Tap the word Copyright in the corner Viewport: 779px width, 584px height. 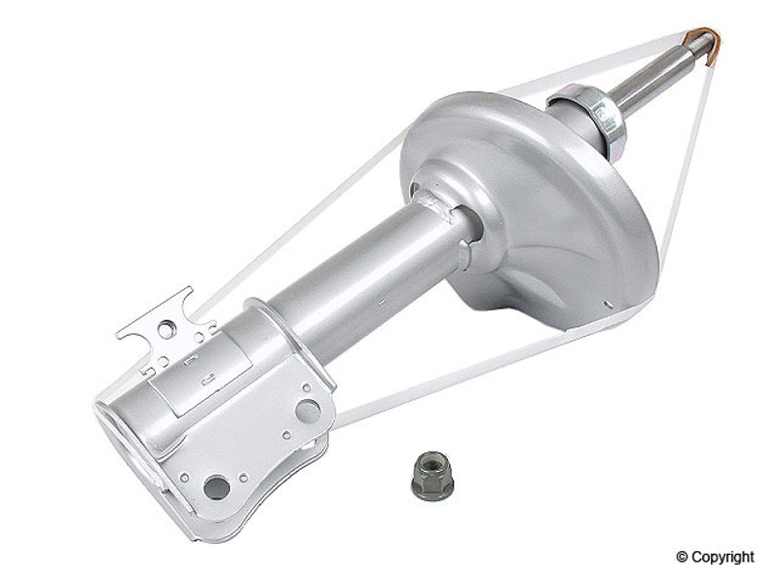[723, 557]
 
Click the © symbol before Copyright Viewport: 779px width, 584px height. [683, 557]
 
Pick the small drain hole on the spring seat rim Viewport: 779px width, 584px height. [607, 304]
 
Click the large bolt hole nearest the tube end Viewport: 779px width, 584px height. [217, 488]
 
